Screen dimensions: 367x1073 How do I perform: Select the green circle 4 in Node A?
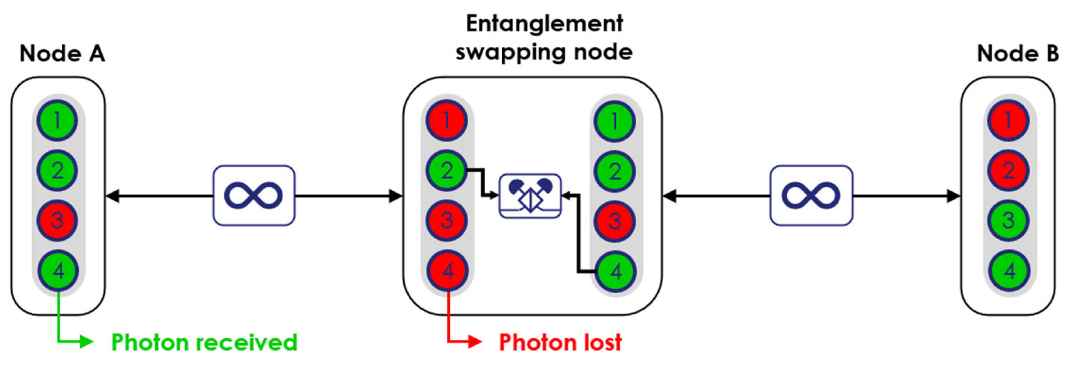58,271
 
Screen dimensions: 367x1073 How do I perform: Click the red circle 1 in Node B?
1008,121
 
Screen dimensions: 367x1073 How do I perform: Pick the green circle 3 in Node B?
1008,221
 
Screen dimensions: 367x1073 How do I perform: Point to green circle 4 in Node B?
1009,271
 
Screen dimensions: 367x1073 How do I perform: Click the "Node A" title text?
62,54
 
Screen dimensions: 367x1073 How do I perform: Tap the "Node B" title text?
1017,54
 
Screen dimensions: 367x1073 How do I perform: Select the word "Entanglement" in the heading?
544,23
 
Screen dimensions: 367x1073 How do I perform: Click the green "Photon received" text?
204,342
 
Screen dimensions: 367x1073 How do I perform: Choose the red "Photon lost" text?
560,342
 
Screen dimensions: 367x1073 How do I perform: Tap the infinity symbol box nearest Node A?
254,196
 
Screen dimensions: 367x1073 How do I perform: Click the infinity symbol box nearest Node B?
811,196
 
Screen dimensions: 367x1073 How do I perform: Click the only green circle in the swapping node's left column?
446,170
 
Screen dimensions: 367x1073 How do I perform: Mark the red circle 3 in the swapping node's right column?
615,221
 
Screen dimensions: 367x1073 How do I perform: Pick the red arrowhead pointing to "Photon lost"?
475,342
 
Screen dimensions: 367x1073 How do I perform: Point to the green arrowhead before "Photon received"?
87,342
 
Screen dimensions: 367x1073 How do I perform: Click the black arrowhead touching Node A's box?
113,196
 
